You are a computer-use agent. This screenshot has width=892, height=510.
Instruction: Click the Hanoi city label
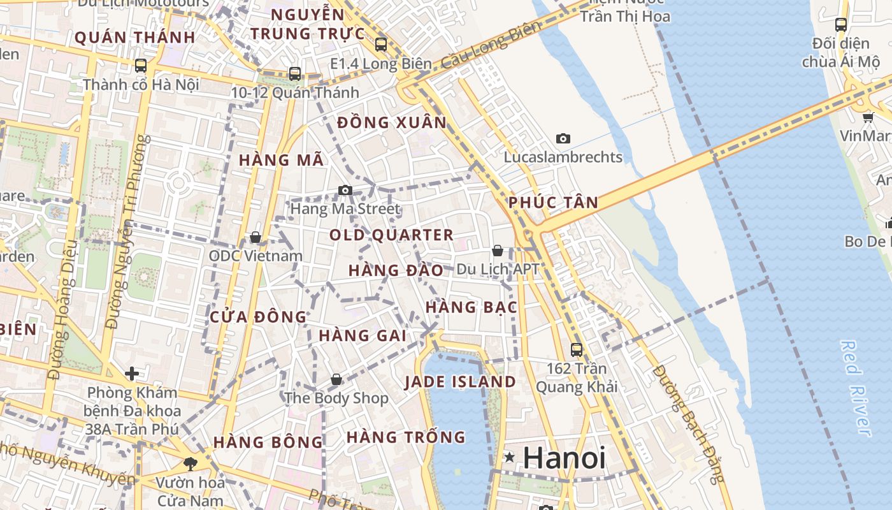pyautogui.click(x=564, y=458)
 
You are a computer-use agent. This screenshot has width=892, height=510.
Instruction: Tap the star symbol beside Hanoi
pyautogui.click(x=510, y=457)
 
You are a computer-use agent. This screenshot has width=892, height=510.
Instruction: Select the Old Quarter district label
pyautogui.click(x=391, y=235)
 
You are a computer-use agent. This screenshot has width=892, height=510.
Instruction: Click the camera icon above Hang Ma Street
pyautogui.click(x=345, y=190)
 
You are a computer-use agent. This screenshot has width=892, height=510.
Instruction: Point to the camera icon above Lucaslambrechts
pyautogui.click(x=563, y=138)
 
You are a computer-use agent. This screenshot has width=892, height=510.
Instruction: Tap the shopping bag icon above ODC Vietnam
pyautogui.click(x=255, y=237)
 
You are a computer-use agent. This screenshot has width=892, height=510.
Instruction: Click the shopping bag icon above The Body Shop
pyautogui.click(x=336, y=380)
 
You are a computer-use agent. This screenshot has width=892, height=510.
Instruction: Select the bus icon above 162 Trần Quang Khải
pyautogui.click(x=577, y=349)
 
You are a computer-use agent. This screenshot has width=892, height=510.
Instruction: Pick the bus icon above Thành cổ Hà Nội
pyautogui.click(x=141, y=66)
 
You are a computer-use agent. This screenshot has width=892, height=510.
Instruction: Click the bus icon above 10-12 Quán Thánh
pyautogui.click(x=294, y=74)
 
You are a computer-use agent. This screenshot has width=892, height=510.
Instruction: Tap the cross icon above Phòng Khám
pyautogui.click(x=132, y=373)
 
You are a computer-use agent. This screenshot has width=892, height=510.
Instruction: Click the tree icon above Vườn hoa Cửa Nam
pyautogui.click(x=190, y=463)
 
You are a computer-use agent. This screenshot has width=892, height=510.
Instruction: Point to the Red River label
pyautogui.click(x=855, y=389)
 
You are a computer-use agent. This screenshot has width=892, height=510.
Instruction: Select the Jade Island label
pyautogui.click(x=461, y=382)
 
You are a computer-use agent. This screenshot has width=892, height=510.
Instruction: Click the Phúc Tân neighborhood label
pyautogui.click(x=554, y=203)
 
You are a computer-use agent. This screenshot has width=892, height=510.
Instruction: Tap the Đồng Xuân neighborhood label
pyautogui.click(x=392, y=122)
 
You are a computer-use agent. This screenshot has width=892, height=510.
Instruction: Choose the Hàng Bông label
pyautogui.click(x=268, y=442)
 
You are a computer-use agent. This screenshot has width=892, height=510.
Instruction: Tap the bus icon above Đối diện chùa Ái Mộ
pyautogui.click(x=841, y=25)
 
